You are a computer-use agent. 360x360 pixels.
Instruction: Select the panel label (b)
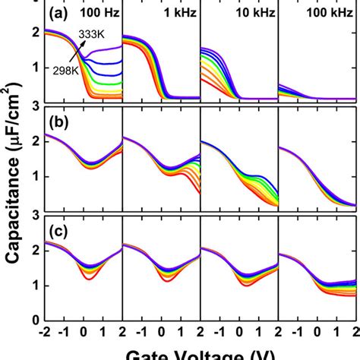[58, 122]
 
